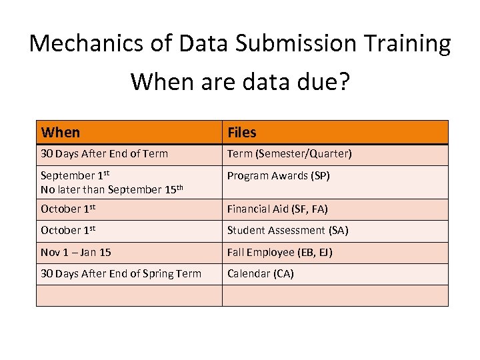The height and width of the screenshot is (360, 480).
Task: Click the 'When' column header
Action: (x=60, y=133)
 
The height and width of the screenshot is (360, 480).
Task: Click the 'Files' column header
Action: (x=242, y=133)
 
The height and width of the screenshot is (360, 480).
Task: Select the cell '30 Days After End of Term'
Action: (x=104, y=154)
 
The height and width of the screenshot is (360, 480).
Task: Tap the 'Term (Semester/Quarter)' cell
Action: (x=289, y=154)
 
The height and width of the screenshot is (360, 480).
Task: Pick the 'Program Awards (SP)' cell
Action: (x=278, y=176)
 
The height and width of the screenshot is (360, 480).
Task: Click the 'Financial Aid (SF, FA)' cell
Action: (x=277, y=209)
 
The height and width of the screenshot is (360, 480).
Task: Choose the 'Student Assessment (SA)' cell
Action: (x=287, y=231)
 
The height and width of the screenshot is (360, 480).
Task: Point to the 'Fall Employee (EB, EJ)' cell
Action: (x=279, y=253)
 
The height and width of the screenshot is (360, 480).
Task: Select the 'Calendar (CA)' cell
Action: (x=260, y=274)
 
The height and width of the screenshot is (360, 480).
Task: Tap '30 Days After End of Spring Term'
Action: (x=121, y=274)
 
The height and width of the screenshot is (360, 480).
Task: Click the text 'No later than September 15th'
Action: (x=111, y=189)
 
